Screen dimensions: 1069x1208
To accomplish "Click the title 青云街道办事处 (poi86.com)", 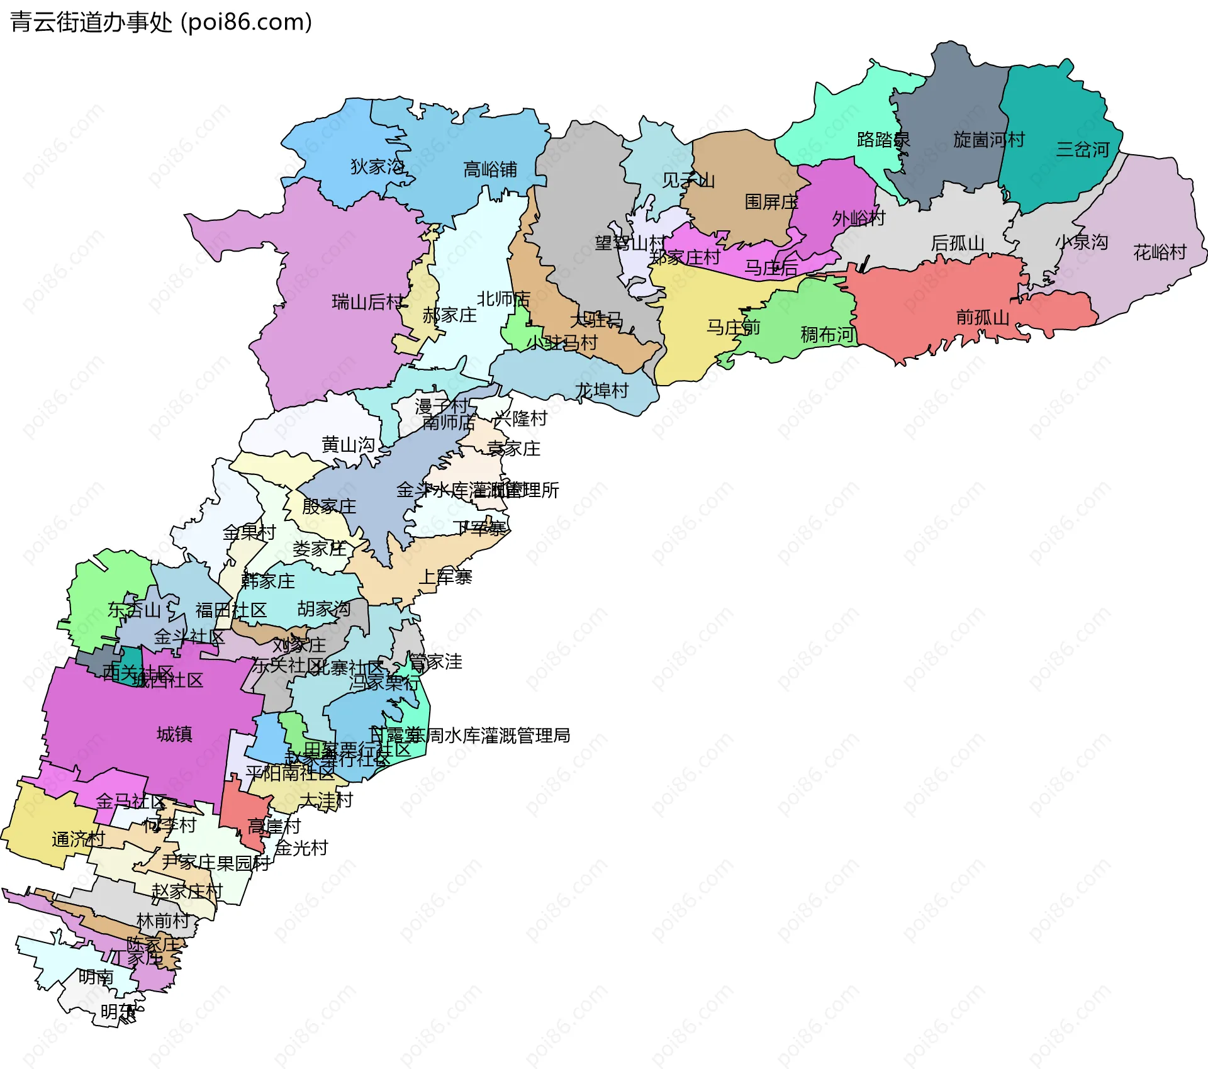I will point(161,23).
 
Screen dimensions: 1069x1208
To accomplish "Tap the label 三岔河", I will point(1082,150).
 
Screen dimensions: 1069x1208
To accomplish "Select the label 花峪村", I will point(1160,253).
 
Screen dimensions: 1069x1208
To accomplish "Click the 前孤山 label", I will point(982,317).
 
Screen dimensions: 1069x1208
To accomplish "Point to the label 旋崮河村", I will point(988,140).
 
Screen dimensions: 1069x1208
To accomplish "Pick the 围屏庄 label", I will point(771,202).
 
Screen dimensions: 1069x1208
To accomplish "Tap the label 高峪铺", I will point(490,170).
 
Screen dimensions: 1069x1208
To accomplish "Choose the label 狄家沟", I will point(377,167).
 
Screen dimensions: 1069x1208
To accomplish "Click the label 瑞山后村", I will point(367,303).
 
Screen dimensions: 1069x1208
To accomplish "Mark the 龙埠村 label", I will point(602,391).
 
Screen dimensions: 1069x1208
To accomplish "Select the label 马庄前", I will point(733,328).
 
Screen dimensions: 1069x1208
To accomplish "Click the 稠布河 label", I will point(827,335).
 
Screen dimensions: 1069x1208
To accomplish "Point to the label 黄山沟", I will point(348,445).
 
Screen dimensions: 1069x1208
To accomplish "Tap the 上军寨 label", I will point(445,577).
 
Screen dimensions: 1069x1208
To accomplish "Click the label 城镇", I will point(174,734).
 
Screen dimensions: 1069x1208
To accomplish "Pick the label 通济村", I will point(78,839).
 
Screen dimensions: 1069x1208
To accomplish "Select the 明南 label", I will point(96,977).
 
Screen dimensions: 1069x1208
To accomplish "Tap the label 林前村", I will point(163,921).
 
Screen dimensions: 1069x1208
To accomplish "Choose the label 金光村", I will point(301,848).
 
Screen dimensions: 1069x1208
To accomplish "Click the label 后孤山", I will point(957,243).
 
